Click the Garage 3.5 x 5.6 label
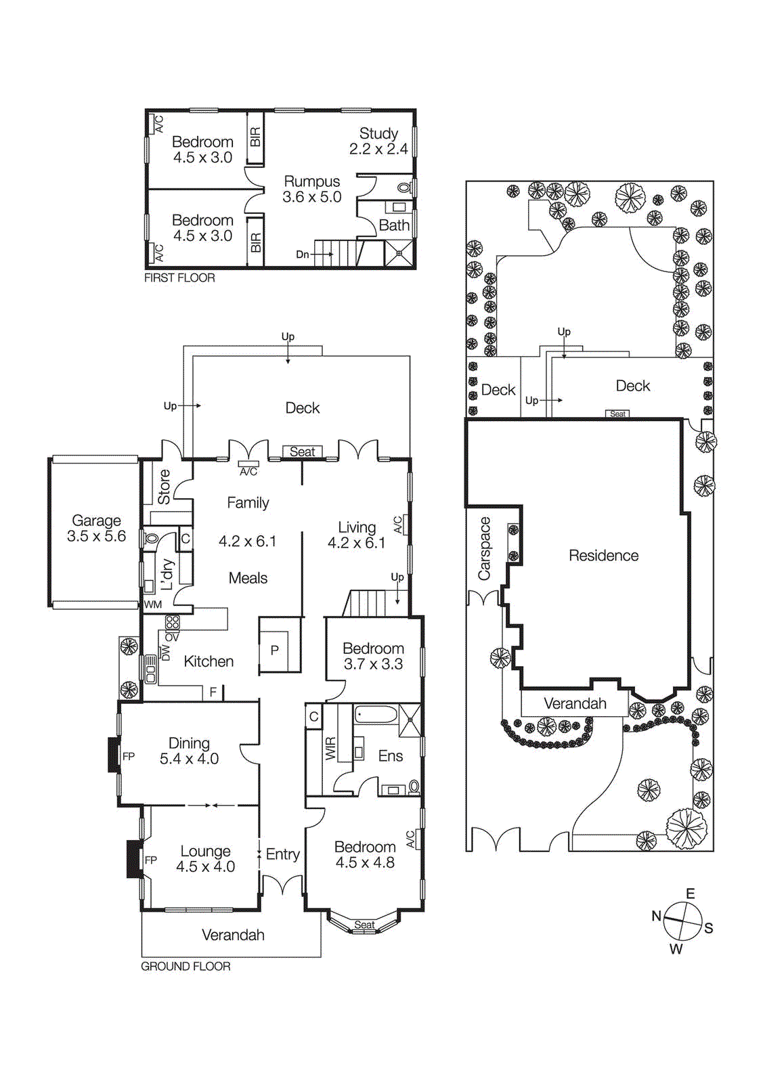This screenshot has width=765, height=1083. tap(96, 529)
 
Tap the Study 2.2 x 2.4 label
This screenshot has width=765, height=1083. tap(378, 141)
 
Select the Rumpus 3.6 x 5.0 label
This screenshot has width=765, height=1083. tap(311, 190)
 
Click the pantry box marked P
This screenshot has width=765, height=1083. tap(275, 650)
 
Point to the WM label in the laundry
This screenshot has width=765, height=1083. tap(153, 604)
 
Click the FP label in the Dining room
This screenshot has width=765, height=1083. tap(129, 757)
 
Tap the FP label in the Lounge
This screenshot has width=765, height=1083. tap(151, 860)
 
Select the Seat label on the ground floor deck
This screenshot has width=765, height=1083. tap(302, 452)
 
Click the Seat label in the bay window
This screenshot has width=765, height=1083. tap(364, 925)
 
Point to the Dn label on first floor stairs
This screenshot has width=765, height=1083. tap(303, 255)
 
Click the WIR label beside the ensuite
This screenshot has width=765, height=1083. tap(330, 749)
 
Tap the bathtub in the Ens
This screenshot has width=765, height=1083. tap(376, 715)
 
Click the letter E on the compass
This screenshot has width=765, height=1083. tap(691, 893)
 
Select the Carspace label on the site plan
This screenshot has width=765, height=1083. tap(484, 549)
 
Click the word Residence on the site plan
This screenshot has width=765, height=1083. tap(603, 556)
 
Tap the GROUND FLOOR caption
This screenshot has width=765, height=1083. tap(185, 967)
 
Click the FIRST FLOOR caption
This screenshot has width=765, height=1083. tap(179, 278)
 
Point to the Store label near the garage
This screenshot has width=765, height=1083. tap(164, 487)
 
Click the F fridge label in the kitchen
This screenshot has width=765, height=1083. tap(213, 692)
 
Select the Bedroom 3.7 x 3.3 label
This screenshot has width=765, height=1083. tap(373, 657)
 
